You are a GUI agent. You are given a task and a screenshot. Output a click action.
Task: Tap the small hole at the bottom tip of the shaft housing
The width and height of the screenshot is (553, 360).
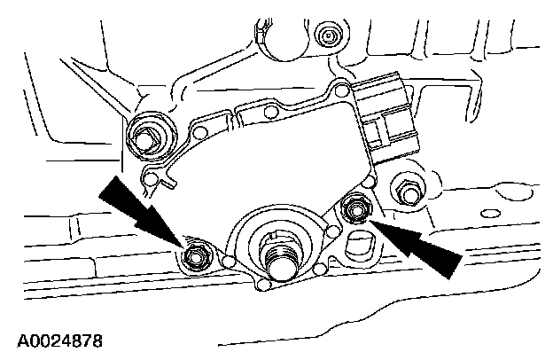pyautogui.click(x=261, y=286)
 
